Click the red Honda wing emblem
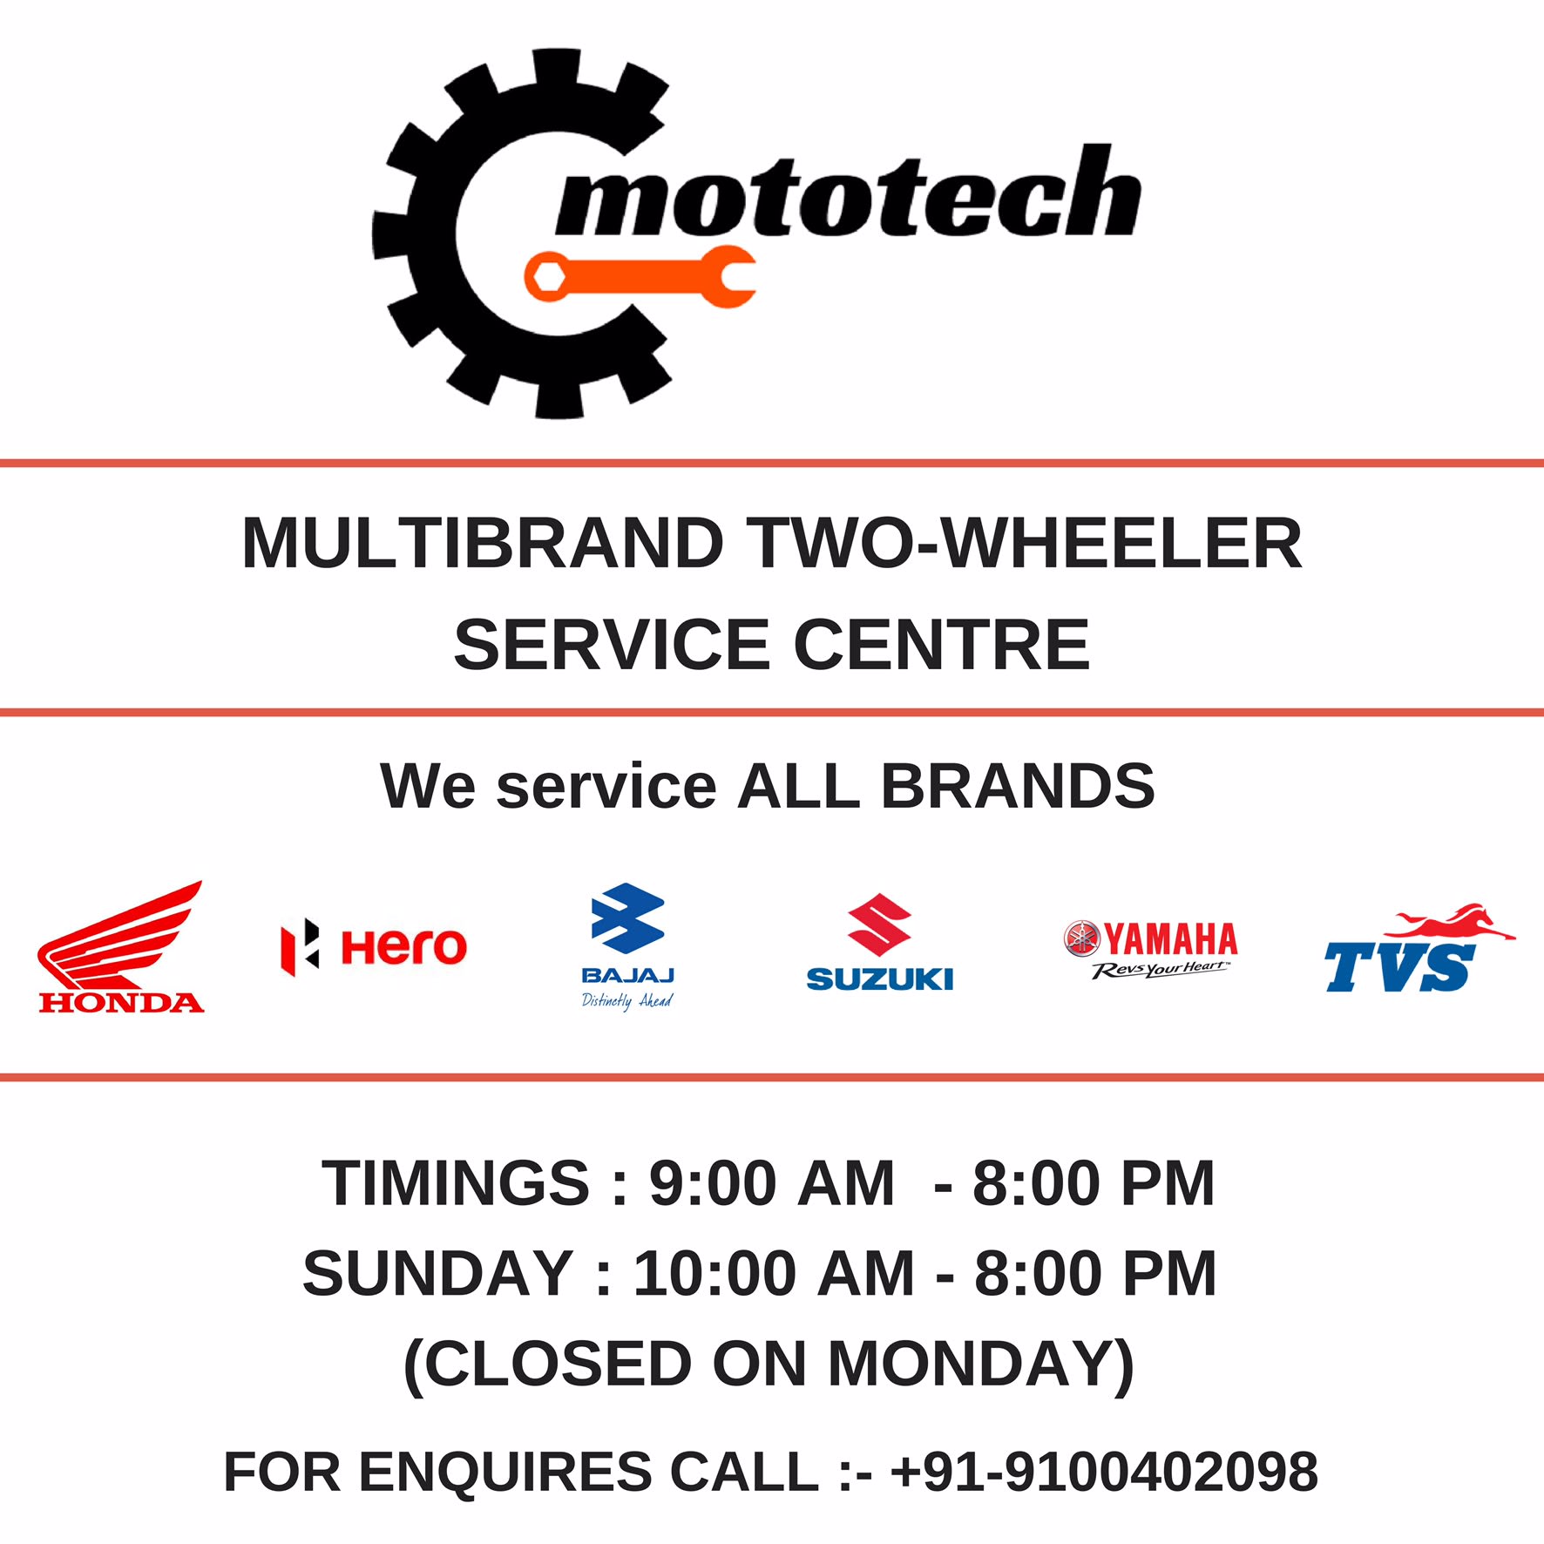click(122, 937)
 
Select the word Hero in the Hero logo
click(403, 947)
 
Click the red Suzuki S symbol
click(879, 925)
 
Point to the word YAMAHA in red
click(1170, 939)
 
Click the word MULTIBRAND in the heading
click(482, 544)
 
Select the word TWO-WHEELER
click(1027, 544)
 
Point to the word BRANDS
click(1018, 786)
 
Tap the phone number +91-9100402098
click(1103, 1472)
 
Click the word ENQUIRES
click(505, 1472)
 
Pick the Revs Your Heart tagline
click(1160, 970)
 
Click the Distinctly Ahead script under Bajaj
click(626, 1000)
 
